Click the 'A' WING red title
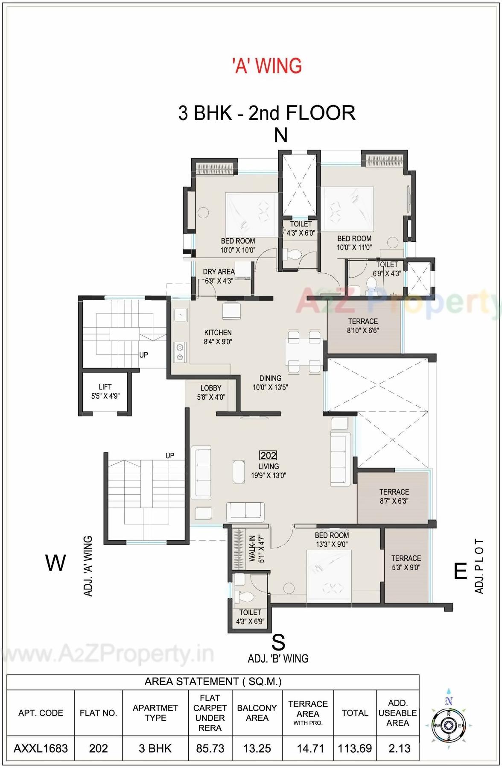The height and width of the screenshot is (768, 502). [x=267, y=66]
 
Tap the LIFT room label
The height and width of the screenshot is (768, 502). [x=105, y=391]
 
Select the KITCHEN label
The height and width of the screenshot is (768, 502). [x=218, y=337]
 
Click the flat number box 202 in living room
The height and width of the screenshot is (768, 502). [x=268, y=455]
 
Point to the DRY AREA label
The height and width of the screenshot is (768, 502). [x=219, y=276]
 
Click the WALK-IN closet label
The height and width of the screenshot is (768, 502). [x=257, y=549]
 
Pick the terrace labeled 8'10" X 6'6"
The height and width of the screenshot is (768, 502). [x=363, y=325]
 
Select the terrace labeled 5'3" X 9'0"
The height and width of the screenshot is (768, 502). [x=406, y=563]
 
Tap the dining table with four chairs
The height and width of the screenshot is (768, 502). [x=304, y=352]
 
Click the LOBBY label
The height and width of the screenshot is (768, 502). [x=211, y=392]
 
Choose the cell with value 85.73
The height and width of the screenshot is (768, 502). [x=210, y=748]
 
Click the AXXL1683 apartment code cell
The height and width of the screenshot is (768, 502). [x=41, y=748]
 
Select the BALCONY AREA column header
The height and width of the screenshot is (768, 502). [x=257, y=713]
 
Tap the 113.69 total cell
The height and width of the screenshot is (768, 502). [x=355, y=748]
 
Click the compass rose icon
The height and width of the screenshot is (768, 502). [x=449, y=725]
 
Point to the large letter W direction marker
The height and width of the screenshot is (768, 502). [x=55, y=563]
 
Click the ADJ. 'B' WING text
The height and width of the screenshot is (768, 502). [x=278, y=658]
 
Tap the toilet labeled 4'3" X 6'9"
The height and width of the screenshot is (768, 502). [x=250, y=617]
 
